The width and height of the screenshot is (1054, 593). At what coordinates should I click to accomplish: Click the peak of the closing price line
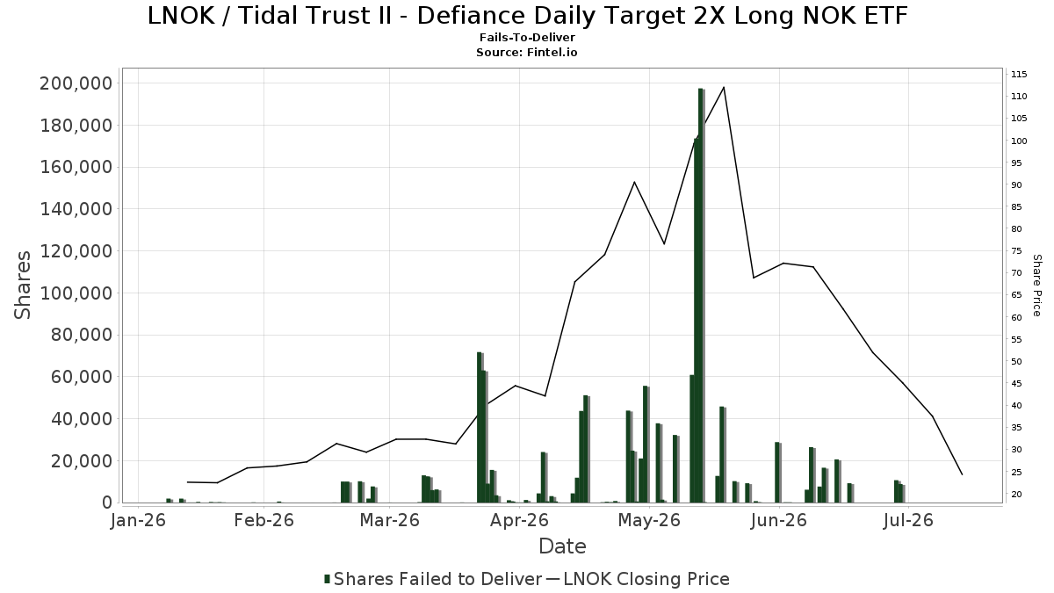(x=724, y=87)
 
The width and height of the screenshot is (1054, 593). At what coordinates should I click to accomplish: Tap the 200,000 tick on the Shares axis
(x=76, y=83)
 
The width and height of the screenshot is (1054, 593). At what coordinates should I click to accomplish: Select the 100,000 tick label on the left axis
(x=76, y=293)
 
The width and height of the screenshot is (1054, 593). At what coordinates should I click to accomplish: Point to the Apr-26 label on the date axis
(x=519, y=520)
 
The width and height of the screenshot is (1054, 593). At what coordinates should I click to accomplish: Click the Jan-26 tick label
(x=138, y=520)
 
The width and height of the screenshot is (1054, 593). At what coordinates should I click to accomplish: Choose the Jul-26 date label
(x=908, y=520)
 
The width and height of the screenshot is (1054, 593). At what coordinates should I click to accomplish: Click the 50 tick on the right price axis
(x=1016, y=361)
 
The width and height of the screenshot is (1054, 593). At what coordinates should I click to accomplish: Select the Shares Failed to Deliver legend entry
(x=433, y=579)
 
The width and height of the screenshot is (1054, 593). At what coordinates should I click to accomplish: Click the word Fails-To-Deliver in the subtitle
(x=527, y=37)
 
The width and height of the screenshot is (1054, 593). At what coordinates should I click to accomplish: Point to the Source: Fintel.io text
(x=527, y=52)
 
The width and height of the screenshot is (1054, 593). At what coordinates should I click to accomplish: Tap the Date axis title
(x=562, y=546)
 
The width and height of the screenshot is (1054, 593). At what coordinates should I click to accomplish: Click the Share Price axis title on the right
(x=1036, y=286)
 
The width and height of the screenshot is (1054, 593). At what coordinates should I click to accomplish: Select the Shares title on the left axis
(x=22, y=286)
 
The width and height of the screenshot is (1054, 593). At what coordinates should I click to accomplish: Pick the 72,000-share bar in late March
(x=480, y=427)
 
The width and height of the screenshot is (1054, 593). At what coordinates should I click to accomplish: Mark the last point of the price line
(x=963, y=474)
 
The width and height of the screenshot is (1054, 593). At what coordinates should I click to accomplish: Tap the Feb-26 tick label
(x=264, y=520)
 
